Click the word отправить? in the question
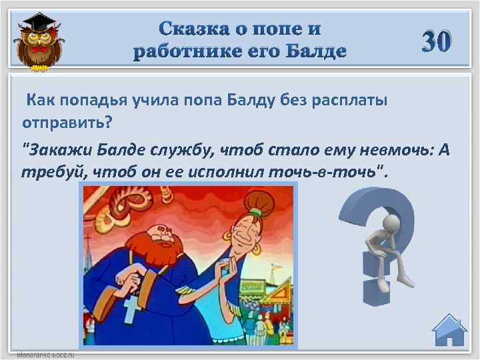click(x=66, y=123)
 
